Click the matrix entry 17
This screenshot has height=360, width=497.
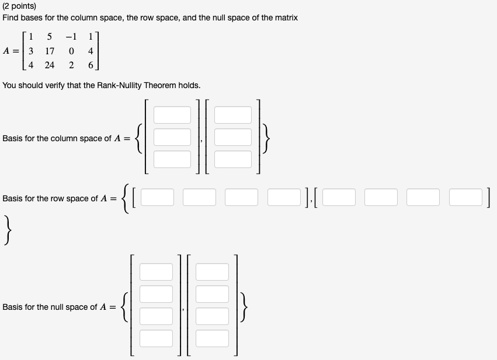(50, 51)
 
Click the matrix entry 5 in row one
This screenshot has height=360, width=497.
(50, 37)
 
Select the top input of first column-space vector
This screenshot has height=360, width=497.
(172, 115)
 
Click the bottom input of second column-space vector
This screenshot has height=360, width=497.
(233, 159)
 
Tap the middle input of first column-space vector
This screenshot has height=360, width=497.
(172, 137)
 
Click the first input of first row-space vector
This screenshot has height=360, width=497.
(157, 198)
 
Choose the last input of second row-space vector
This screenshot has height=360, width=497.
(465, 198)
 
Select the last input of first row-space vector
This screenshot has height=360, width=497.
(283, 198)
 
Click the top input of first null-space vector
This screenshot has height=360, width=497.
(156, 272)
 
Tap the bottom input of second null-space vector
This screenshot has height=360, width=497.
(213, 338)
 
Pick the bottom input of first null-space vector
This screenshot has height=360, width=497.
(156, 338)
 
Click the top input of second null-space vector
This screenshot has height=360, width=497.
(213, 272)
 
